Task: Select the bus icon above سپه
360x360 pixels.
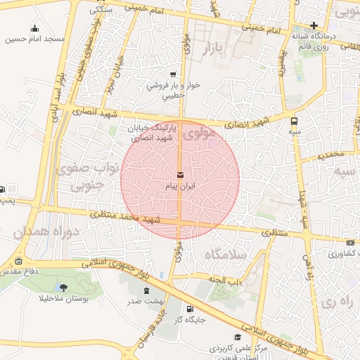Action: tap(294, 120)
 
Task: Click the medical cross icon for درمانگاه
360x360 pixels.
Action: tap(314, 25)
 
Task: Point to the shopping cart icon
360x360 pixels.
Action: tap(173, 75)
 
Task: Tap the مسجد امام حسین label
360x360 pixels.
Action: tap(35, 39)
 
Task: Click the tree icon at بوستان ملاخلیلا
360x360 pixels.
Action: tap(64, 288)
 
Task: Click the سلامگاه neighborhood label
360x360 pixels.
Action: tap(224, 255)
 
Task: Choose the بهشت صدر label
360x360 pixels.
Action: tap(146, 301)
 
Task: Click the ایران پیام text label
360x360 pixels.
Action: tap(180, 186)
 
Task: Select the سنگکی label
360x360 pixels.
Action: tap(102, 11)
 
